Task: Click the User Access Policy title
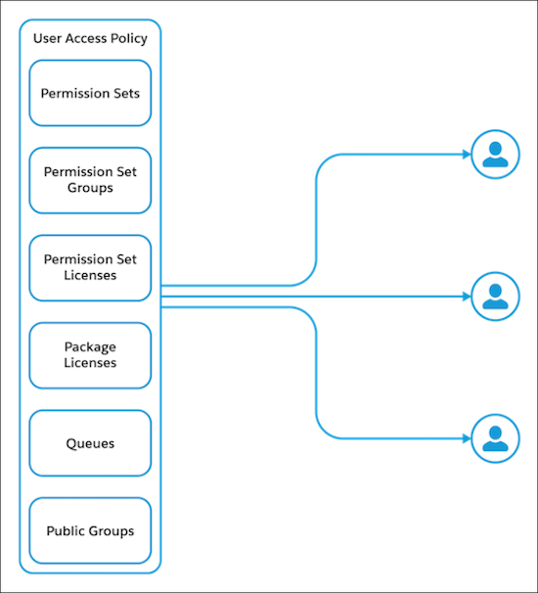(90, 39)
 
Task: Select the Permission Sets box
(90, 94)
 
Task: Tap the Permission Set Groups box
(90, 180)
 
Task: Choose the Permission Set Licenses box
(90, 267)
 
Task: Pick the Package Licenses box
(90, 355)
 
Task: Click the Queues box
(90, 443)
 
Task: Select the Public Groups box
(90, 530)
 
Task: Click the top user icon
(496, 155)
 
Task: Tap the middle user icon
(496, 295)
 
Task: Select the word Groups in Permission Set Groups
(90, 188)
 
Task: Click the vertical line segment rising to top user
(316, 220)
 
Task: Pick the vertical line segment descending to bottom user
(316, 372)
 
